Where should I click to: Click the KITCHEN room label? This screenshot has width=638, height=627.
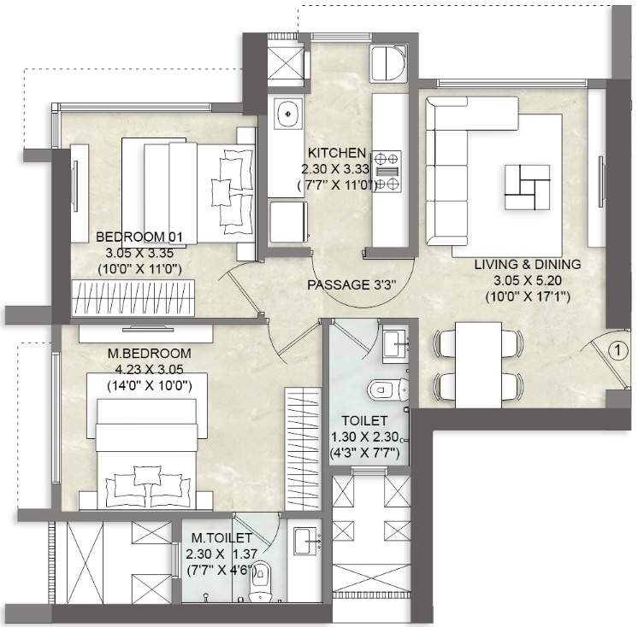click(337, 154)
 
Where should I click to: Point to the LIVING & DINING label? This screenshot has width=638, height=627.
click(528, 265)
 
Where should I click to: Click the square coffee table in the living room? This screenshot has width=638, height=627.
click(525, 185)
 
